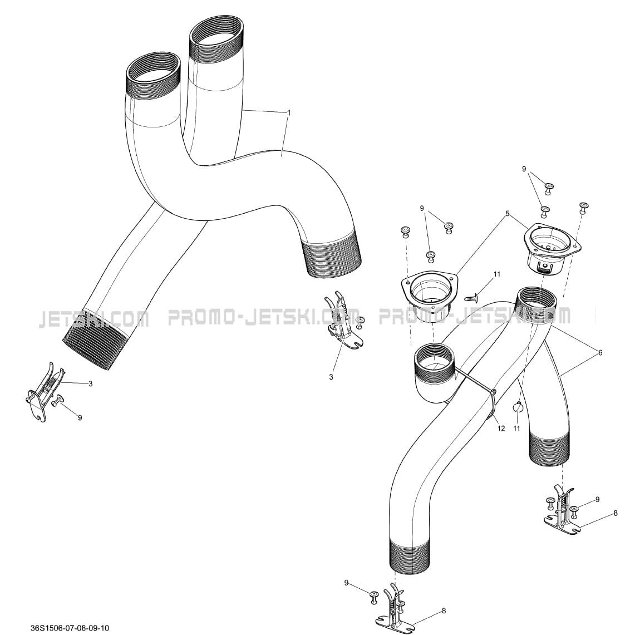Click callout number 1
288,113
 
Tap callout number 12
501,428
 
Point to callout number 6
600,353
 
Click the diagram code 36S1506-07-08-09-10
70,628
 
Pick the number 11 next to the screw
497,274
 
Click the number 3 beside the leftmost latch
90,383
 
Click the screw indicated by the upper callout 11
471,298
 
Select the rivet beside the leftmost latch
58,400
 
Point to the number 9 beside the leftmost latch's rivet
80,417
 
